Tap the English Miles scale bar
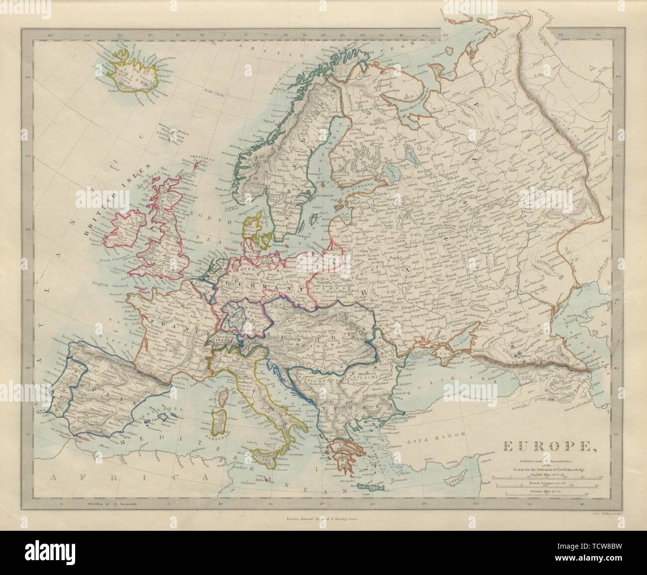click(544, 477)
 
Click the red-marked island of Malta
click(267, 480)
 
